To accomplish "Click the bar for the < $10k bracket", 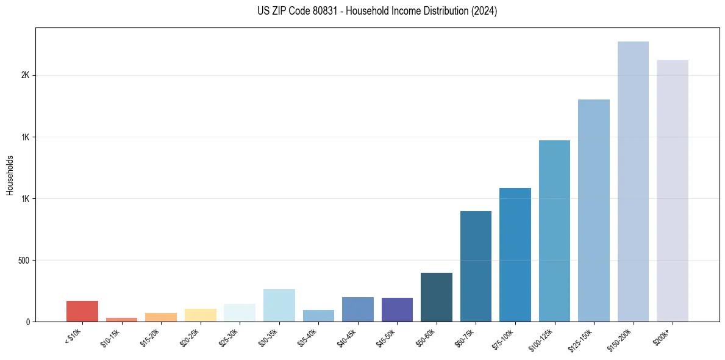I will [x=82, y=311].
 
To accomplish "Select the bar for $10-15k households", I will [x=121, y=319].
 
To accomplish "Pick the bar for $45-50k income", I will [x=397, y=310].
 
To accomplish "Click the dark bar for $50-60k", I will [x=437, y=297].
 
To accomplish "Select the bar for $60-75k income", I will [x=476, y=267].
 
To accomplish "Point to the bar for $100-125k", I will [x=554, y=231].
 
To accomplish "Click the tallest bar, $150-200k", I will [x=633, y=182].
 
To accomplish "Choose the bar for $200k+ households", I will [x=673, y=191].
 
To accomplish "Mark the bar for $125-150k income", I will [x=594, y=211].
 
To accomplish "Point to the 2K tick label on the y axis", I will [x=25, y=75].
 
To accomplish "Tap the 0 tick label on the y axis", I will [x=28, y=322].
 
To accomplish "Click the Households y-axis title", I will [x=10, y=175].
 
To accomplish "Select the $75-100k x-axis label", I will [x=504, y=337].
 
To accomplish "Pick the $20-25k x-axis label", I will [x=190, y=336].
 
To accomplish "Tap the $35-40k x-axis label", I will [x=308, y=336].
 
